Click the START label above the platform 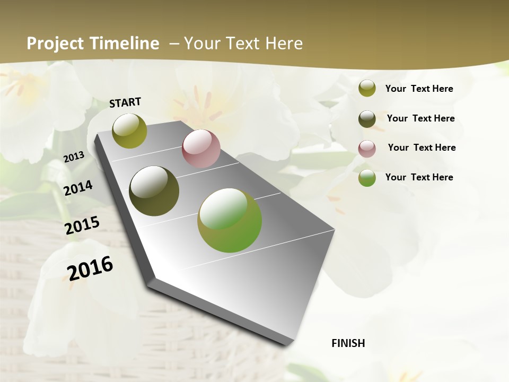click(125, 102)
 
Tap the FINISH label click(348, 343)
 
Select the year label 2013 click(74, 157)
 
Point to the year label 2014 click(78, 188)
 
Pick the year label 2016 click(90, 268)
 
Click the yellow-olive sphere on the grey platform click(130, 131)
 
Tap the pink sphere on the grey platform click(201, 149)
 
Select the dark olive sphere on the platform click(154, 190)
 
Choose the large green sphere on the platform click(230, 220)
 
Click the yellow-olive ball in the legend click(367, 89)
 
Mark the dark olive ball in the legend click(367, 119)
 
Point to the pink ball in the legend click(367, 149)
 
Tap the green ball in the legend click(367, 178)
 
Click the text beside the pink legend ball click(422, 147)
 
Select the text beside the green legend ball click(419, 177)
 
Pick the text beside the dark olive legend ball click(420, 118)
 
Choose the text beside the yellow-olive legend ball click(419, 89)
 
